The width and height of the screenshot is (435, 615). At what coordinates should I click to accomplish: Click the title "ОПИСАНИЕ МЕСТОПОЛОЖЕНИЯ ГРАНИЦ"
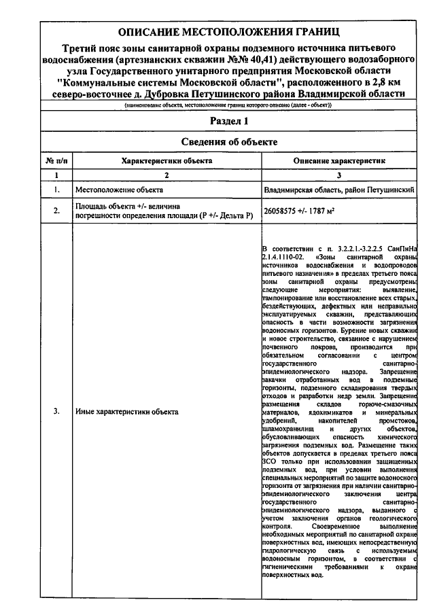coord(226,32)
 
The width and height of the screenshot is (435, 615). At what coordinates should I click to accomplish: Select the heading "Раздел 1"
coord(227,121)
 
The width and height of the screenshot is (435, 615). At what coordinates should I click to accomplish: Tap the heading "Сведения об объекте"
coord(227,142)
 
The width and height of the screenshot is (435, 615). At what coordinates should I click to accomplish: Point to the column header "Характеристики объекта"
coord(167,161)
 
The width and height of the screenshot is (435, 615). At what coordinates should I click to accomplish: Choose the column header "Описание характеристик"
coord(339,161)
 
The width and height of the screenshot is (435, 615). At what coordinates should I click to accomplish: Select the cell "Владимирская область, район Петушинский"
coord(339,190)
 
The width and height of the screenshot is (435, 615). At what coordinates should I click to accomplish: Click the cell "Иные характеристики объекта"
coord(126,412)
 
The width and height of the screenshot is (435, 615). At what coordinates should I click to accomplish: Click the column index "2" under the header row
coord(167,175)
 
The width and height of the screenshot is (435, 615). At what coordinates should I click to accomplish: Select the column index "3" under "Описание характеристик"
coord(339,175)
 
